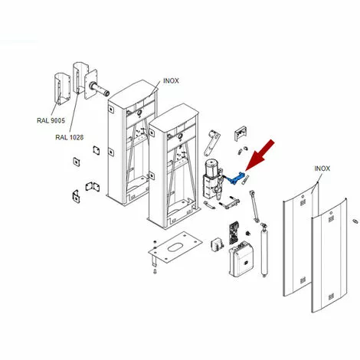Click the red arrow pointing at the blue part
point(260,155)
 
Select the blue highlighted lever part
point(236,178)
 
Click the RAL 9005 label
point(51,120)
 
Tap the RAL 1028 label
point(70,137)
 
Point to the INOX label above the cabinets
point(171,81)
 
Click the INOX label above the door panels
point(322,169)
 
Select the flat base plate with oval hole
point(175,247)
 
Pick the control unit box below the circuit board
point(241,258)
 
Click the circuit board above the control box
point(234,233)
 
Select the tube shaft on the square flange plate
point(100,89)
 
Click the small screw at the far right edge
point(355,221)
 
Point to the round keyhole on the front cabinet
point(180,136)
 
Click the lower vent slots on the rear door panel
point(303,280)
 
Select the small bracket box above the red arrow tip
point(241,133)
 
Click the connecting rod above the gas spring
point(254,206)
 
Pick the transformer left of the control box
point(218,244)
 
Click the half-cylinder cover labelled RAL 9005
point(62,89)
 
